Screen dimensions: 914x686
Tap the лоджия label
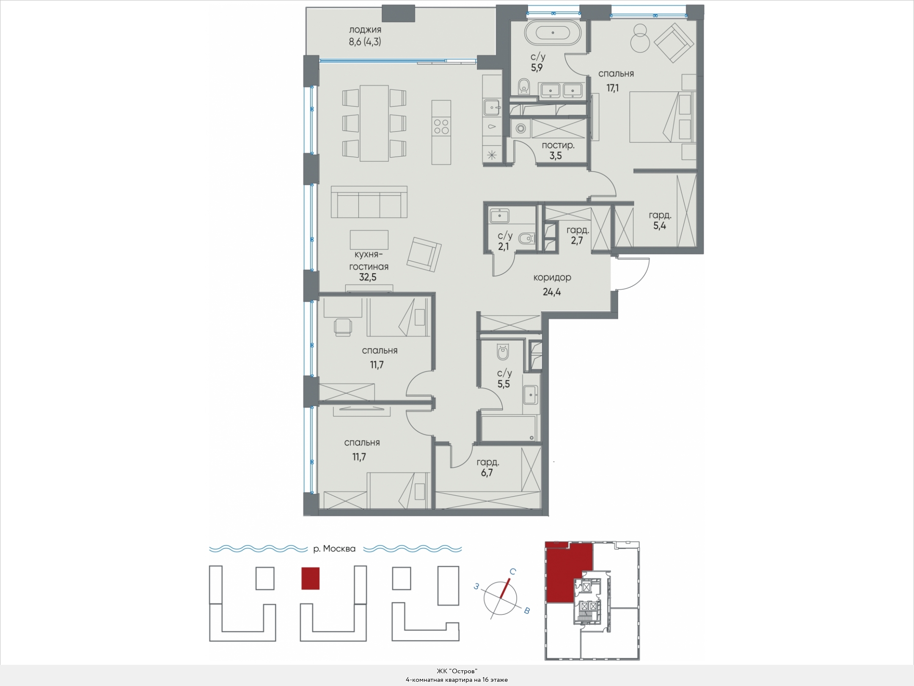(365, 30)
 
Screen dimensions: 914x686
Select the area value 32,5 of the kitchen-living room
(368, 277)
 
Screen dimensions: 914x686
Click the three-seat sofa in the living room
(369, 202)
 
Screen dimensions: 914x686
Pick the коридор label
(552, 278)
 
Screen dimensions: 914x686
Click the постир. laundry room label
(558, 145)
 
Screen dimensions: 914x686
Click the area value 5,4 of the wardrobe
(660, 226)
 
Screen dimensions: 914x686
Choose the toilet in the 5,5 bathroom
(503, 352)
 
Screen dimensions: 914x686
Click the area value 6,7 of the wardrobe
(487, 473)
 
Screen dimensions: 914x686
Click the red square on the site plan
(310, 578)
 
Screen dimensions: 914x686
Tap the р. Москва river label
(334, 549)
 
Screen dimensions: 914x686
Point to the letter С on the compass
(512, 571)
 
